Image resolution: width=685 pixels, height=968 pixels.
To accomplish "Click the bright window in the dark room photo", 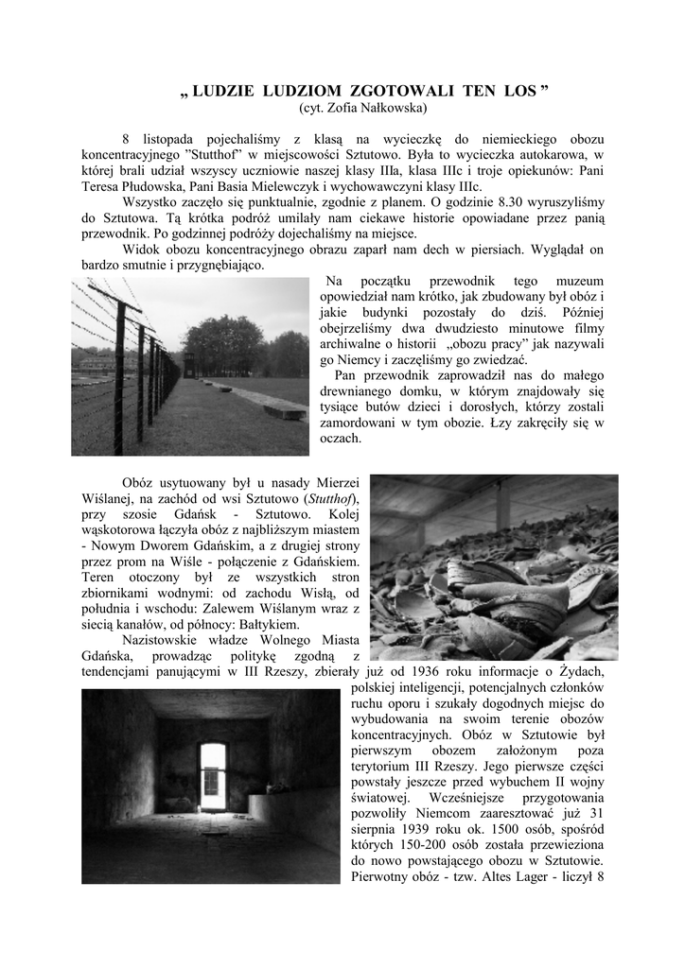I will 213,774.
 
